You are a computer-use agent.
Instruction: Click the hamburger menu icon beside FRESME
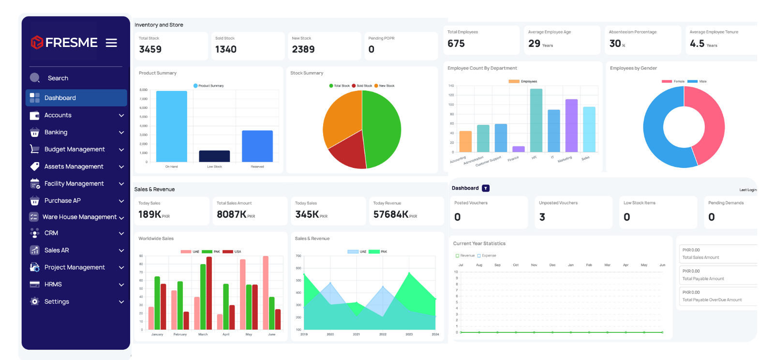(x=111, y=43)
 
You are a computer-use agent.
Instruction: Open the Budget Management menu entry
(x=74, y=150)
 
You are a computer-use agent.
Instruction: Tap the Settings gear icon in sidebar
(x=34, y=301)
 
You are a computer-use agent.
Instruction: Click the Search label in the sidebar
(x=58, y=78)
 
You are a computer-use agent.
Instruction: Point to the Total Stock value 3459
(x=150, y=49)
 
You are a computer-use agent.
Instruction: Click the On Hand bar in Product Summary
(x=171, y=126)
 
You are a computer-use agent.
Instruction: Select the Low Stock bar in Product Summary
(x=214, y=156)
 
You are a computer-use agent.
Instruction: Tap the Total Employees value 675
(x=456, y=44)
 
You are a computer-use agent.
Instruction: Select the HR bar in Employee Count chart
(x=536, y=120)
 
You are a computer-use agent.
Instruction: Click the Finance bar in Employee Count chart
(x=519, y=149)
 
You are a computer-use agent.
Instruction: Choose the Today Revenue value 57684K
(x=391, y=214)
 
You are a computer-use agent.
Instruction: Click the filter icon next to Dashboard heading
(x=486, y=188)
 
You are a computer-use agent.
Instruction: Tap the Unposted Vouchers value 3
(x=542, y=217)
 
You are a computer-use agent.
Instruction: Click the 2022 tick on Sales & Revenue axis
(x=383, y=334)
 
